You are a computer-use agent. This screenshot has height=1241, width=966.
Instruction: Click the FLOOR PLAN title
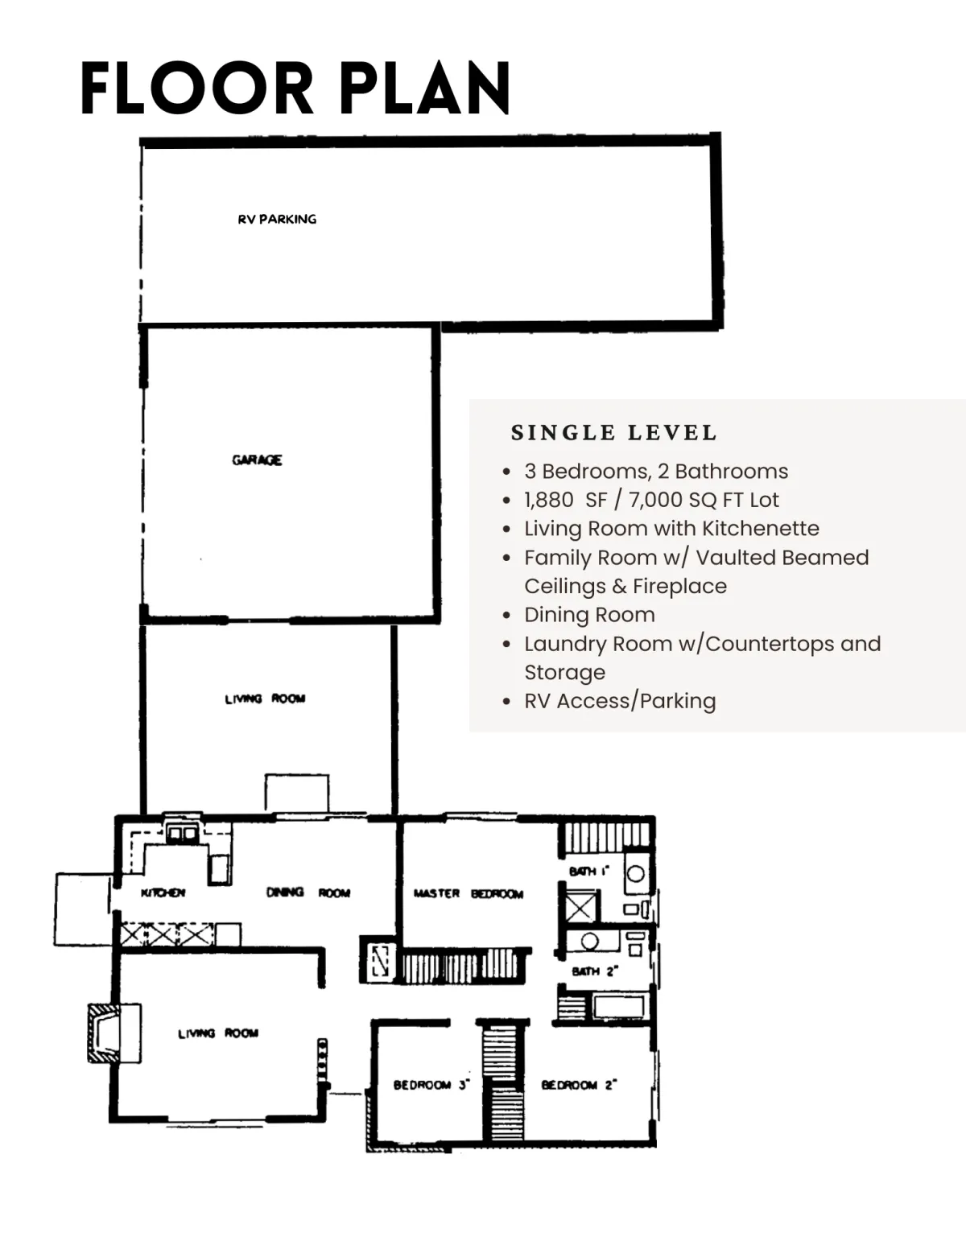point(295,88)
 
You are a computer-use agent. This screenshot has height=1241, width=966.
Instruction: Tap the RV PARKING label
point(277,219)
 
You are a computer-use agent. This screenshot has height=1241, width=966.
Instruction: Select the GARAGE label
point(257,460)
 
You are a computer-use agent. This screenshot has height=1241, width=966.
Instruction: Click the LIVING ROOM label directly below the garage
point(265,699)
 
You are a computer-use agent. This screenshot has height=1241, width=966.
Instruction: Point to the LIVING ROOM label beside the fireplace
point(218,1033)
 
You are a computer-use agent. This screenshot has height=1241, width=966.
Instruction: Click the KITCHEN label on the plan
point(163,893)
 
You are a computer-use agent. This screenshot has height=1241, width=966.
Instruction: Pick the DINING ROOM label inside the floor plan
point(308,892)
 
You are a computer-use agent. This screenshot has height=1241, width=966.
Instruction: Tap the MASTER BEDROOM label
point(469,894)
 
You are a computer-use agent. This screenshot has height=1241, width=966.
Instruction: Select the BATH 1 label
point(589,871)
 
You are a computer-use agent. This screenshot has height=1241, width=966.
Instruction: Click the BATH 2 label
point(595,971)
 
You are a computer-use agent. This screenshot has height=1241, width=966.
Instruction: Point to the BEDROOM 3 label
point(431,1085)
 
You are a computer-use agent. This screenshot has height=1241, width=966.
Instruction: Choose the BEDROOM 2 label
point(580,1085)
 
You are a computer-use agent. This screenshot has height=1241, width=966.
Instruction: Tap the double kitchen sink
point(182,835)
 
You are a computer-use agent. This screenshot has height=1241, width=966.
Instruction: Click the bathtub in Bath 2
point(619,1007)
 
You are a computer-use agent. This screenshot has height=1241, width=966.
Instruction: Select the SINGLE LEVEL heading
point(614,433)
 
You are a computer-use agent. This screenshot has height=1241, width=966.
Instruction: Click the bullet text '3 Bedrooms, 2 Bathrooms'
point(656,472)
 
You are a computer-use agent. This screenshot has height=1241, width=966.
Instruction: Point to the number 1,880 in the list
point(549,501)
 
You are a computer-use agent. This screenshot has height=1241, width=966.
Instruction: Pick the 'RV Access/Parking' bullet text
point(621,701)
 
